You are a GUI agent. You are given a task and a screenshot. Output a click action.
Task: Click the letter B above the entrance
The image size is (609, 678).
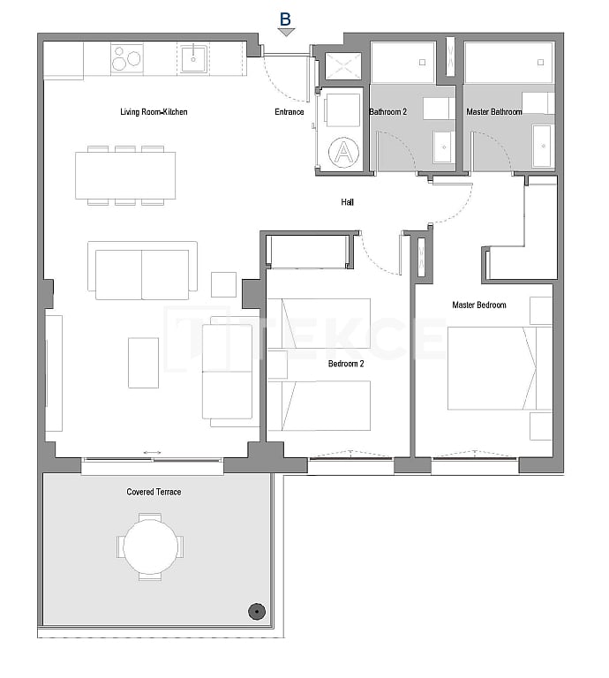(x=285, y=18)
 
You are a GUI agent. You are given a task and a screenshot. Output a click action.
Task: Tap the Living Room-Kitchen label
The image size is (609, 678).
(x=154, y=112)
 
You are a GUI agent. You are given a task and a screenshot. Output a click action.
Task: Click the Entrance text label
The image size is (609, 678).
(x=289, y=112)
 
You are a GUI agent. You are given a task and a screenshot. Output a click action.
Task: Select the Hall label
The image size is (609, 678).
(x=348, y=202)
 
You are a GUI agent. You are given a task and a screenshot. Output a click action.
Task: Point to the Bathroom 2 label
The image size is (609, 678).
(x=387, y=112)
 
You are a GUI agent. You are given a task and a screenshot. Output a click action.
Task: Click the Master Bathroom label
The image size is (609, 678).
(x=493, y=112)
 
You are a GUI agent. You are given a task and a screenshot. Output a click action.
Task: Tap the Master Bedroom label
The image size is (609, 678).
(x=478, y=305)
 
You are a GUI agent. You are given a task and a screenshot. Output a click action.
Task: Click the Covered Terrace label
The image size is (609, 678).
(x=154, y=492)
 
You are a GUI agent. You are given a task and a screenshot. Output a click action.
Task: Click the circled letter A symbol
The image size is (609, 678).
(x=344, y=153)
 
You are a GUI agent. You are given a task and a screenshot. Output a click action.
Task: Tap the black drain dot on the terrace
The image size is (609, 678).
(x=256, y=610)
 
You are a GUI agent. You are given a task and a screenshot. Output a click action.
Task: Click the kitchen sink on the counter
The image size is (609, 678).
(x=193, y=60)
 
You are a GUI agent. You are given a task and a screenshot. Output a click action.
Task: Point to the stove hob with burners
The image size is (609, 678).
(x=127, y=59)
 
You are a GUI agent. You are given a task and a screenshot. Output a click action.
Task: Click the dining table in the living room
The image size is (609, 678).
(x=125, y=176)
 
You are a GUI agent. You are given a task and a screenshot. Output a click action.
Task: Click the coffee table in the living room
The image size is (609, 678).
(x=143, y=363)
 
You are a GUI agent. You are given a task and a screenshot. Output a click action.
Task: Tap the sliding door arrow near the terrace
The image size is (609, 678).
(x=152, y=453)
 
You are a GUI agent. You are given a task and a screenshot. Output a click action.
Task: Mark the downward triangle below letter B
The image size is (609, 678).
(x=285, y=33)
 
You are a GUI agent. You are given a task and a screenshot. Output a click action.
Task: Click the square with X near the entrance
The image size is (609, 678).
(x=343, y=66)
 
